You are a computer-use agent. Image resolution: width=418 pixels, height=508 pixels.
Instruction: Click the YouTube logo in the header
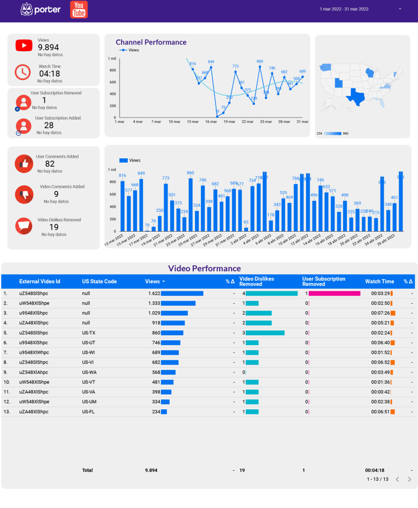click(79, 9)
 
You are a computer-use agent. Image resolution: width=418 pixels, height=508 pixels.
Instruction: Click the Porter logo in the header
click(41, 9)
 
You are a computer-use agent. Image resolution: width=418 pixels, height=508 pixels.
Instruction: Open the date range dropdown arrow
click(400, 9)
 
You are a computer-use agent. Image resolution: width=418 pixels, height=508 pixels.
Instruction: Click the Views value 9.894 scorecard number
click(49, 48)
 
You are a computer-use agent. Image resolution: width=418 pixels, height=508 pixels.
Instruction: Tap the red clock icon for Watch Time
click(23, 72)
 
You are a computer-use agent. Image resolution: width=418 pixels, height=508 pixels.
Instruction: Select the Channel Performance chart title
click(151, 42)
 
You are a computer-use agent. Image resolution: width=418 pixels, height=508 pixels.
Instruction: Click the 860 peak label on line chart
click(260, 62)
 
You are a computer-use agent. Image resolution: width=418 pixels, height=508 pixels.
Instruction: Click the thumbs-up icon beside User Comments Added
click(23, 164)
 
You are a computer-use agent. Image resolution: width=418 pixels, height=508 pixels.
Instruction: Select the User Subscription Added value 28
click(49, 126)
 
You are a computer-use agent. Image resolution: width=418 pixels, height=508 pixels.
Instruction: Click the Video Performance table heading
click(204, 268)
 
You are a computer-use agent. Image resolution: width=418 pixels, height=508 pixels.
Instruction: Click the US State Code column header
click(99, 281)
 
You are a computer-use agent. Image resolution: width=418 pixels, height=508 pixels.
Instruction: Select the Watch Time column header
click(379, 281)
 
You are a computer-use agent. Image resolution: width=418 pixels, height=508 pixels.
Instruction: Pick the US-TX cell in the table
click(89, 333)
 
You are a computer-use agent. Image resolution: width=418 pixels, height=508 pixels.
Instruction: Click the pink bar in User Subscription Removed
click(334, 293)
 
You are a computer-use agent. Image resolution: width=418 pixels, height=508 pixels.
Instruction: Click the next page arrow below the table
click(409, 479)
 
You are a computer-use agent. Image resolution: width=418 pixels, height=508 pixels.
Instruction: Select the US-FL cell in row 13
click(88, 412)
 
